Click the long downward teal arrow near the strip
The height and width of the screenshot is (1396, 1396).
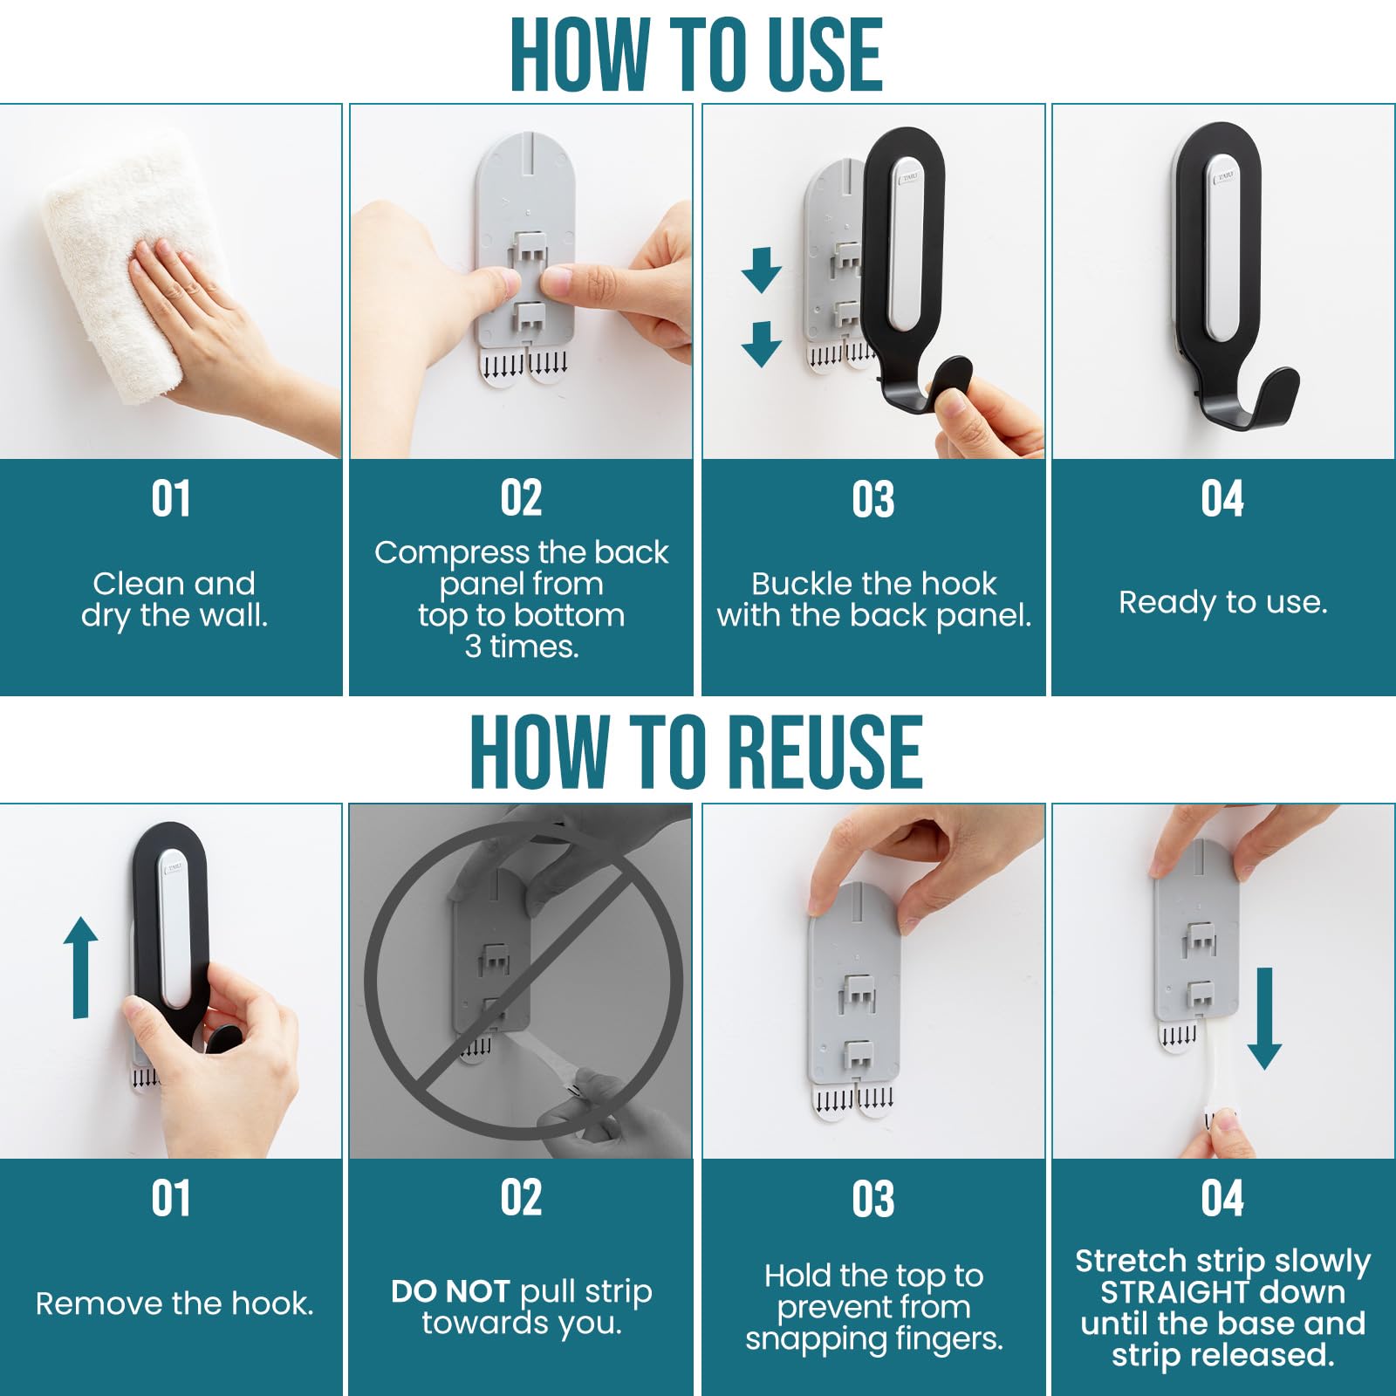(x=1264, y=1016)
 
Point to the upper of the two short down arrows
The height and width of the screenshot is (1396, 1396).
(x=761, y=269)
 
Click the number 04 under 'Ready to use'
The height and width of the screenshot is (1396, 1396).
(x=1221, y=499)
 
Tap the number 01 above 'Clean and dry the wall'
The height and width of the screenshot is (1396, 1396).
(x=171, y=499)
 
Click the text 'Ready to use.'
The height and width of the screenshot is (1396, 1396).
(x=1222, y=602)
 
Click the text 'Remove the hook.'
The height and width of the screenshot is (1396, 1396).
(x=174, y=1304)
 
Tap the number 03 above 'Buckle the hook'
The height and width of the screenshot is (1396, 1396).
(x=872, y=499)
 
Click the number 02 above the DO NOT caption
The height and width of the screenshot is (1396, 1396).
(x=521, y=1197)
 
